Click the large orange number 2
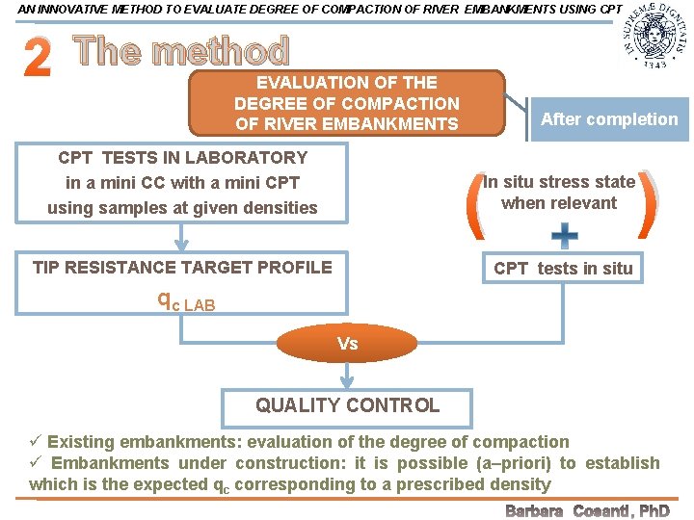coord(37,60)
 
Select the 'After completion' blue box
coord(609,119)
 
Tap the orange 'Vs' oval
coord(347,344)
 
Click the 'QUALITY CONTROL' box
coord(347,405)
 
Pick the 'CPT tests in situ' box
coord(563,268)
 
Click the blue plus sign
coord(564,234)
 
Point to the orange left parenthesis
coord(474,205)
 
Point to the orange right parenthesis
coord(649,205)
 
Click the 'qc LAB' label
coord(186,301)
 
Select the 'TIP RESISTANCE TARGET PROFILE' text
coord(182,267)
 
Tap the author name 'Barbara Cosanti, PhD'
coord(587,510)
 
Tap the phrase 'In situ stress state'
coord(559,181)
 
